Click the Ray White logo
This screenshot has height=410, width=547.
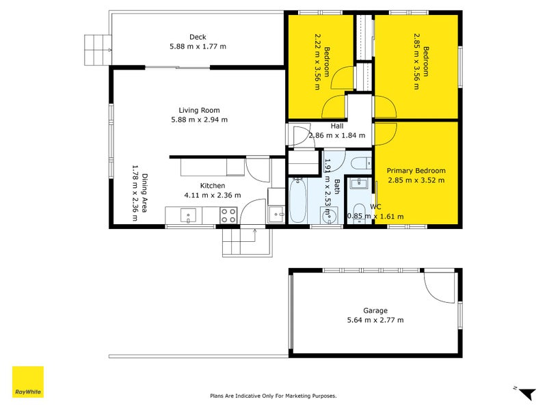(x=28, y=382)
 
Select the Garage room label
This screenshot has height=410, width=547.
(x=375, y=310)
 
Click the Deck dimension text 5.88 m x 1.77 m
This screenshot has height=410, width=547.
(x=198, y=46)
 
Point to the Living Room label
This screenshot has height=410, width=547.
(x=199, y=110)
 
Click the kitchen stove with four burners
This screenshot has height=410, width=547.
(x=228, y=216)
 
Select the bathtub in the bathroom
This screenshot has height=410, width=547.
(x=298, y=201)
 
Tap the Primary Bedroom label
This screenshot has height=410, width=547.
(x=416, y=171)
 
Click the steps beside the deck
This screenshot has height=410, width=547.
(x=95, y=50)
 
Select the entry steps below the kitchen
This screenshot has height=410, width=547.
(x=245, y=242)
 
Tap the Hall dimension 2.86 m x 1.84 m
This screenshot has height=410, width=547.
(x=337, y=135)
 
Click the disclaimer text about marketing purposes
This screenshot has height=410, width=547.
(x=273, y=396)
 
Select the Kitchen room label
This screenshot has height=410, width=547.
(x=212, y=185)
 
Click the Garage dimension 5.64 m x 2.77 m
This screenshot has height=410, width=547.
(x=375, y=320)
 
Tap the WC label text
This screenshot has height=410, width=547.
(x=375, y=206)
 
